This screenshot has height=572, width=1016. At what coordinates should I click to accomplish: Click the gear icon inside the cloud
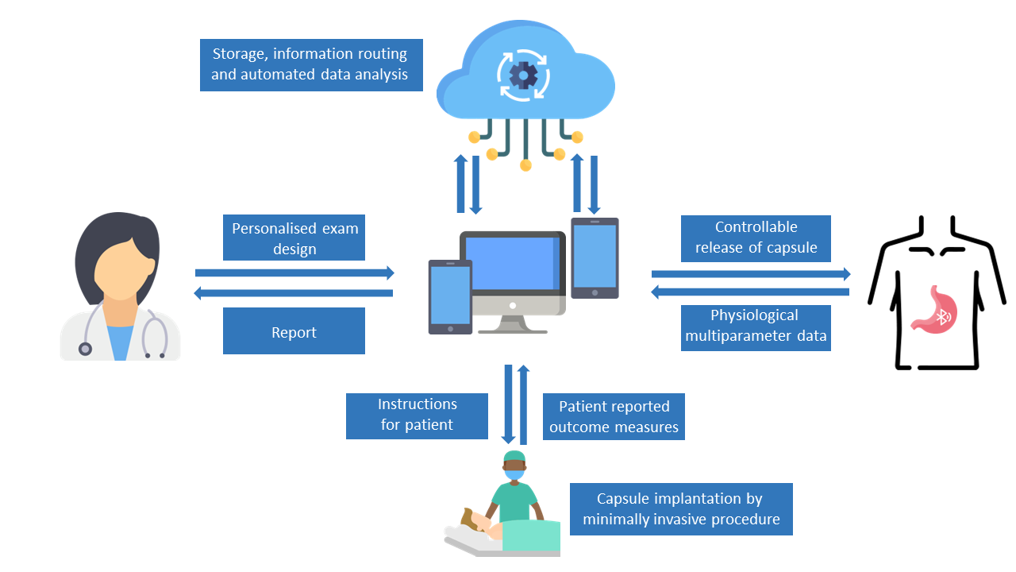523,75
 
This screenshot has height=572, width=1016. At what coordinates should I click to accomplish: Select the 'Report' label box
294,331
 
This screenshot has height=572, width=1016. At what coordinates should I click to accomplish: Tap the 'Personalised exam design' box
294,238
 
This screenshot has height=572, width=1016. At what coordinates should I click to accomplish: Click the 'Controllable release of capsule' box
756,238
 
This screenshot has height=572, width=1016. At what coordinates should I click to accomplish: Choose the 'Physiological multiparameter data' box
756,328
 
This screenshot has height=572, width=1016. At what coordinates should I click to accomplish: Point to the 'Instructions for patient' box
417,415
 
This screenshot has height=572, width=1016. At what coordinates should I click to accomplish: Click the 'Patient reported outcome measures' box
614,416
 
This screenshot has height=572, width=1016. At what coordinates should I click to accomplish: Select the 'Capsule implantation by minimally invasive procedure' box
681,509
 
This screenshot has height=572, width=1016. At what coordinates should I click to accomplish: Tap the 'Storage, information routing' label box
312,65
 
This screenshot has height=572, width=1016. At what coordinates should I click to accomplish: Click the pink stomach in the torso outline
935,311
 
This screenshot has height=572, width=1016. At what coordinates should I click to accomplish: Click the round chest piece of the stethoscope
85,349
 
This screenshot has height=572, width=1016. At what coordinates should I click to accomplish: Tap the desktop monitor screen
512,264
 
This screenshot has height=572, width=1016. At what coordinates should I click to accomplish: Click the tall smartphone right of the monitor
595,258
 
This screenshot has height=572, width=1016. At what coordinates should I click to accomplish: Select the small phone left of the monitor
450,297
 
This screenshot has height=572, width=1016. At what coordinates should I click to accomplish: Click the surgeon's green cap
514,457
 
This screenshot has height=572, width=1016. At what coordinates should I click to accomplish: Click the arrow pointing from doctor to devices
294,272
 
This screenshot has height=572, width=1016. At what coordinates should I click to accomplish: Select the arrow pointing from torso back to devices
750,292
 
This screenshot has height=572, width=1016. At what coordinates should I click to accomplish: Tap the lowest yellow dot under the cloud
525,165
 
